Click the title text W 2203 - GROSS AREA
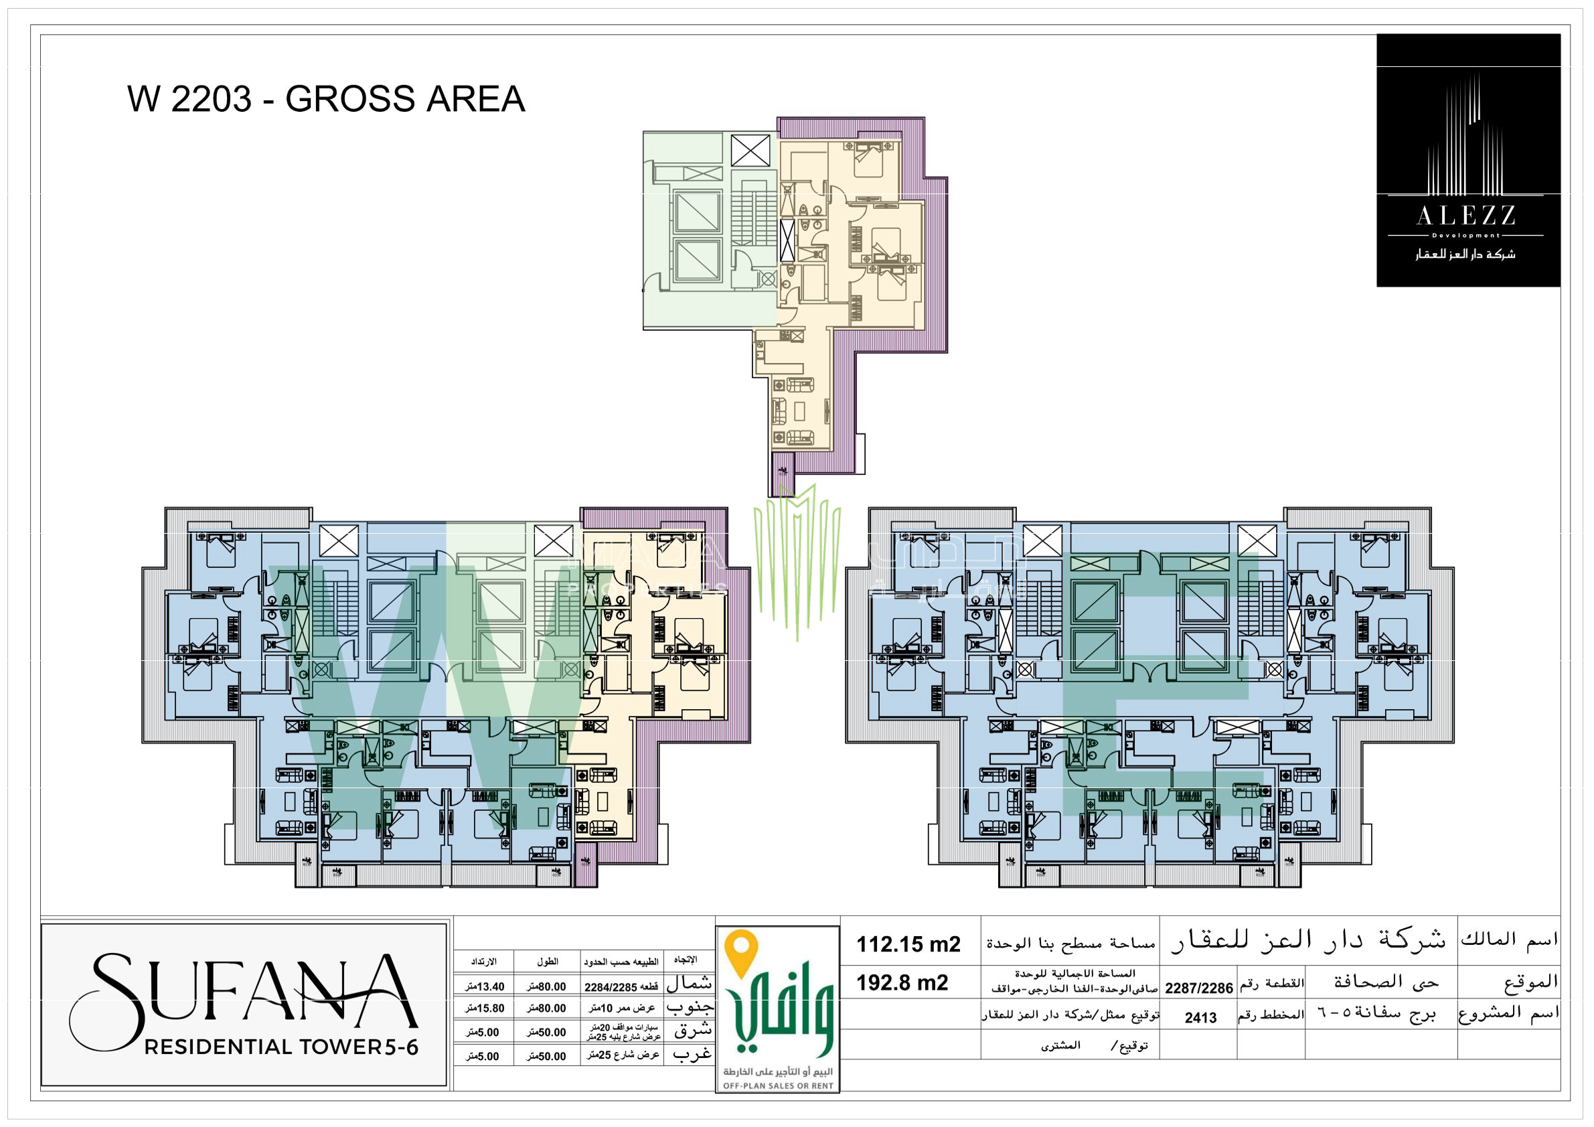click(x=325, y=98)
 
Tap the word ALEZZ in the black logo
click(x=1465, y=216)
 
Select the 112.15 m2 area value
click(x=908, y=944)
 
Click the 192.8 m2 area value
click(x=902, y=982)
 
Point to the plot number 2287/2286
click(x=1198, y=988)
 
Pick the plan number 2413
click(x=1200, y=1018)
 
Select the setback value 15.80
click(x=485, y=1008)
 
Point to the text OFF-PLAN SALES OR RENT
click(x=777, y=1086)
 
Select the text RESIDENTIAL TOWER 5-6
click(x=281, y=1047)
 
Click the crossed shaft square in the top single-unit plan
click(x=750, y=151)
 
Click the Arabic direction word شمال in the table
click(x=689, y=984)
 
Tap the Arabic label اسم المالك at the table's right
click(x=1508, y=940)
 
